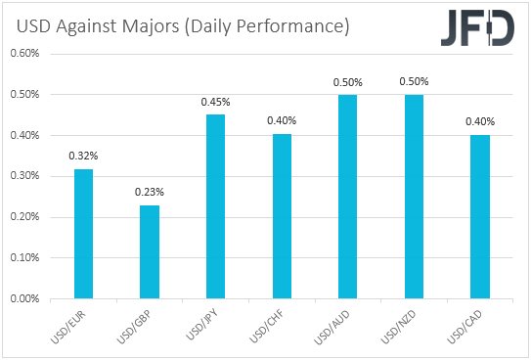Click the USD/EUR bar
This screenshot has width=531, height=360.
(84, 235)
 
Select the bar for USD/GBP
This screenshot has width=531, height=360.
(150, 252)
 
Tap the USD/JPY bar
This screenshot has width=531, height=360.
(216, 207)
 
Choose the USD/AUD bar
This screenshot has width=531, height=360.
(347, 197)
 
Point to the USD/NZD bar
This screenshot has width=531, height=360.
(414, 197)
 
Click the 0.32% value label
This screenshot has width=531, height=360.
(84, 156)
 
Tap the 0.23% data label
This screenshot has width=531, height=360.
(150, 192)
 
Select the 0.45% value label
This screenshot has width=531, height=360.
(216, 102)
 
